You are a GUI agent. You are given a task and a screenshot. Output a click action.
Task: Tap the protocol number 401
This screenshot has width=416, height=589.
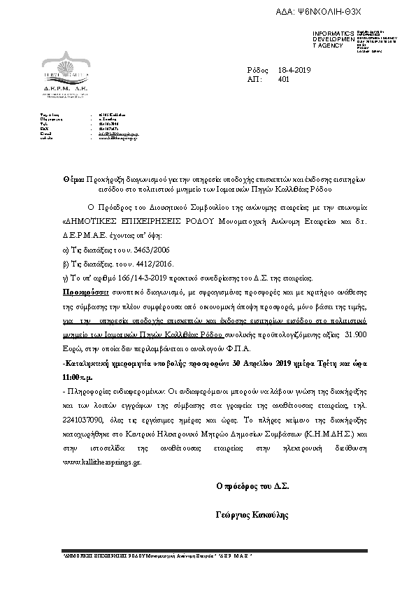(x=283, y=80)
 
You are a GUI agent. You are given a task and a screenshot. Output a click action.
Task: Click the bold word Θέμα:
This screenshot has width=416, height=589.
(x=73, y=180)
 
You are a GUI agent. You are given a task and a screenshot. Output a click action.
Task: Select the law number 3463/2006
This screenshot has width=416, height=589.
(x=137, y=250)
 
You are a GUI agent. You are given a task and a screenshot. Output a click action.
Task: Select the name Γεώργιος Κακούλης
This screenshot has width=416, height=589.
(x=253, y=515)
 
